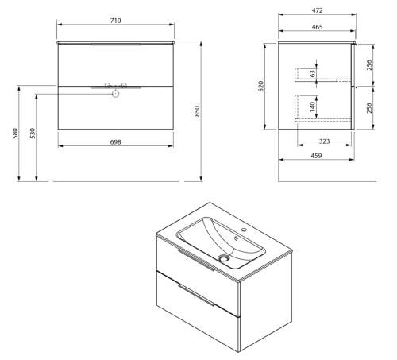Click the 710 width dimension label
coord(116,21)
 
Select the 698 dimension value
coord(116,142)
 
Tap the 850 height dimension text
coord(197,111)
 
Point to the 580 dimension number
coord(15,134)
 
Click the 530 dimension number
coord(33,134)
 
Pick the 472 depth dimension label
coord(317,10)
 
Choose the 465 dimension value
coord(317,27)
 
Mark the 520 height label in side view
coord(261,87)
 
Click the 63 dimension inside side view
coord(313,73)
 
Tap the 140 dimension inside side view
coord(313,106)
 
